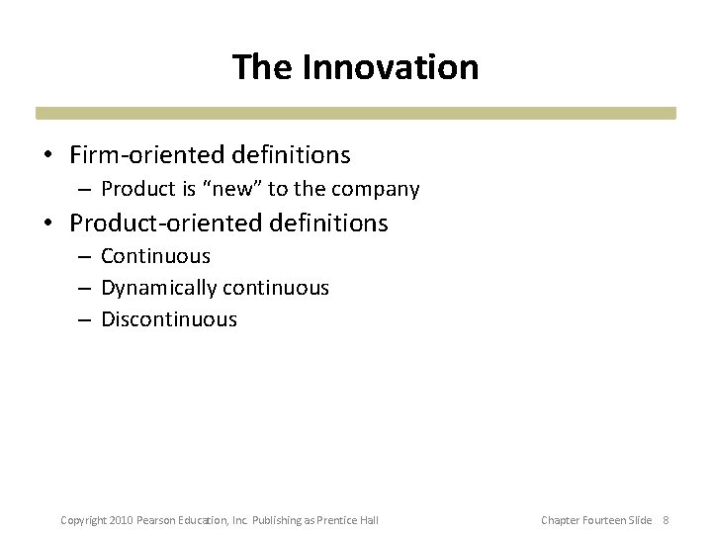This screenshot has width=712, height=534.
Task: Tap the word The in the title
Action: click(263, 67)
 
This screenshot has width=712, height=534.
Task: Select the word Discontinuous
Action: click(169, 319)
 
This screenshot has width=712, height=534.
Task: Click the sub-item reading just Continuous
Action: click(155, 256)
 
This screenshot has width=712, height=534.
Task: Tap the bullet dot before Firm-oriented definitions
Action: click(47, 156)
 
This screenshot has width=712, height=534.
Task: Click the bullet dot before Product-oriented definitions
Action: click(47, 224)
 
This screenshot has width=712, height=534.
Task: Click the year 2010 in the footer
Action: click(120, 520)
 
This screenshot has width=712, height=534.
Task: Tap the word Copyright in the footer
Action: click(83, 520)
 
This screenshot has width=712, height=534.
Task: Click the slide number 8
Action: click(666, 520)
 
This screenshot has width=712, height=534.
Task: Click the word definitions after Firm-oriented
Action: click(292, 155)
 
